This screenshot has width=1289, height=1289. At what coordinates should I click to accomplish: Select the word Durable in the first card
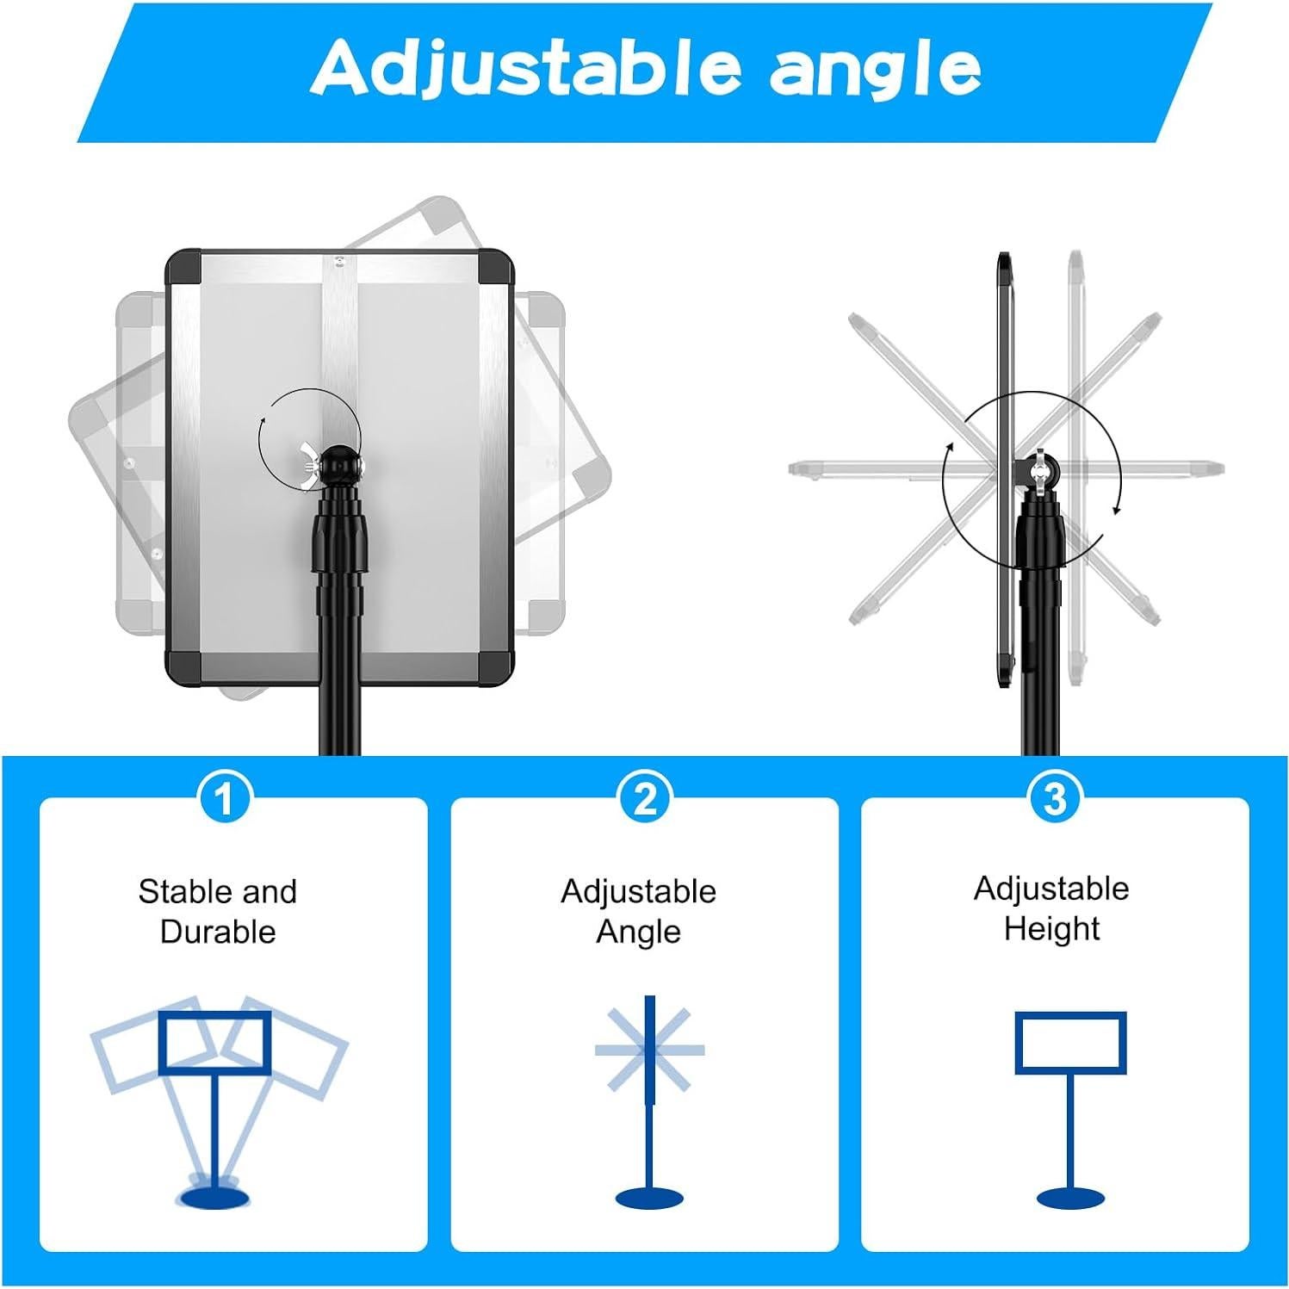click(218, 932)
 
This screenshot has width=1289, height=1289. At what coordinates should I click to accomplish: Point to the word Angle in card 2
click(638, 932)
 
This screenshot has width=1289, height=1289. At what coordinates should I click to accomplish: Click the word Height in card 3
click(1051, 928)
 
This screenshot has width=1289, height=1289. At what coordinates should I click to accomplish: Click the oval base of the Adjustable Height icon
click(1070, 1198)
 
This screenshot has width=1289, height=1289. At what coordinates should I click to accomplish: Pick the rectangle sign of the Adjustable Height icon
click(1070, 1043)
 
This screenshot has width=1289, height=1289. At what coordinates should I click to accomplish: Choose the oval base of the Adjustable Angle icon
click(649, 1198)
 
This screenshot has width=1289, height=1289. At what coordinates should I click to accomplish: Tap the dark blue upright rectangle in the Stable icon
click(214, 1043)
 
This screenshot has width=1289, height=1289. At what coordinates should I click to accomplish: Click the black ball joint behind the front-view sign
click(340, 464)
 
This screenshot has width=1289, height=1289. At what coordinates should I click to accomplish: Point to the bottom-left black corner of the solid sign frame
click(183, 666)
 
